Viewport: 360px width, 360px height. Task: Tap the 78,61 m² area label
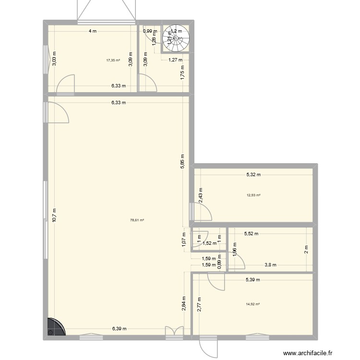137,220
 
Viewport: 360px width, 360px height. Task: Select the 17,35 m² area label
113,60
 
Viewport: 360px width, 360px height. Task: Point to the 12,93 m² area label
253,195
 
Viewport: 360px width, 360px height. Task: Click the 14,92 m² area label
253,304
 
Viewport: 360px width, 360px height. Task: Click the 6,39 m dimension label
120,329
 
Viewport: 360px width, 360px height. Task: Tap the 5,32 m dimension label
253,175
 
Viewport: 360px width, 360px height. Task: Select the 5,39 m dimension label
253,279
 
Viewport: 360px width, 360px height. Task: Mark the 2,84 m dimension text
184,304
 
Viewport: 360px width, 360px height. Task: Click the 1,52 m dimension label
210,243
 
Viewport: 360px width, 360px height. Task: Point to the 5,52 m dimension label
252,234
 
